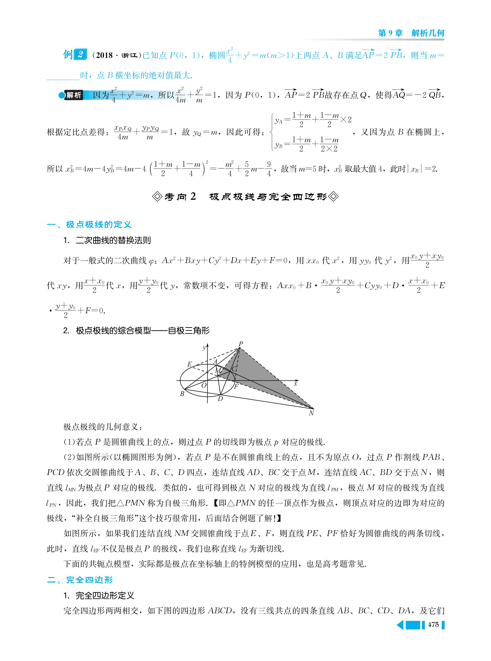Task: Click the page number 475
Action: [433, 625]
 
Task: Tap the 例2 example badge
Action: [75, 55]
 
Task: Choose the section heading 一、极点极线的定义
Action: [89, 225]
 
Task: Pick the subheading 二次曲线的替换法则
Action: [113, 240]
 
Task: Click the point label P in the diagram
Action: [241, 344]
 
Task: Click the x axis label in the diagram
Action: [295, 384]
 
